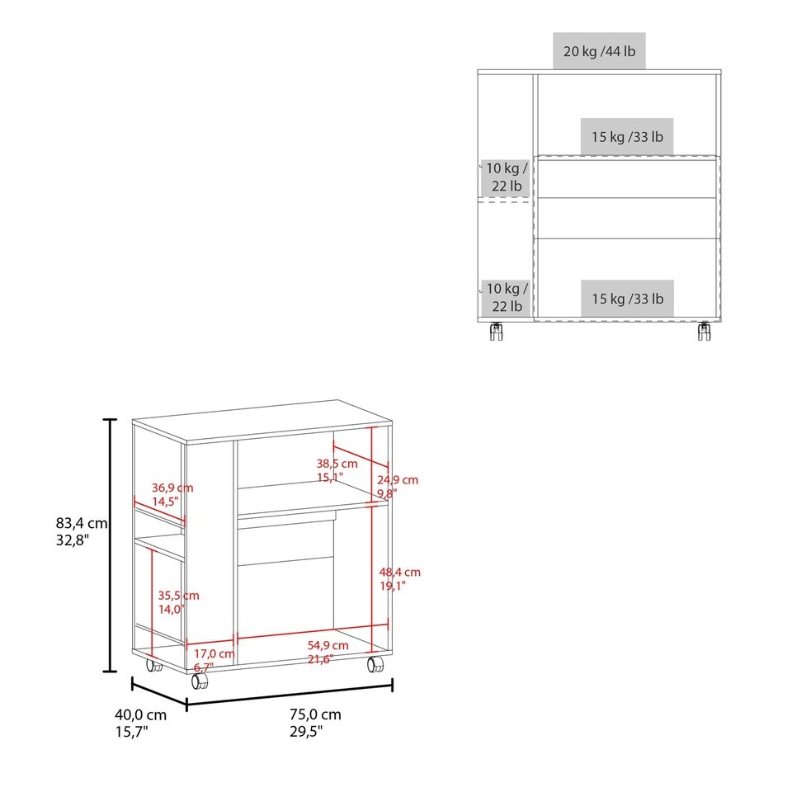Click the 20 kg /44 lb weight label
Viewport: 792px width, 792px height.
599,51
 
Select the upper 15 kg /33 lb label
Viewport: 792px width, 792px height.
627,137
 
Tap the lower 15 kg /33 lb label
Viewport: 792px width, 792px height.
627,299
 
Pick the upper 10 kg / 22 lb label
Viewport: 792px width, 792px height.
507,177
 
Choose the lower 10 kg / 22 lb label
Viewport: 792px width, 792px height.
507,297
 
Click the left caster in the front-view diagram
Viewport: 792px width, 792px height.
496,331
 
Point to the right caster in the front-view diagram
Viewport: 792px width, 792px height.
704,331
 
